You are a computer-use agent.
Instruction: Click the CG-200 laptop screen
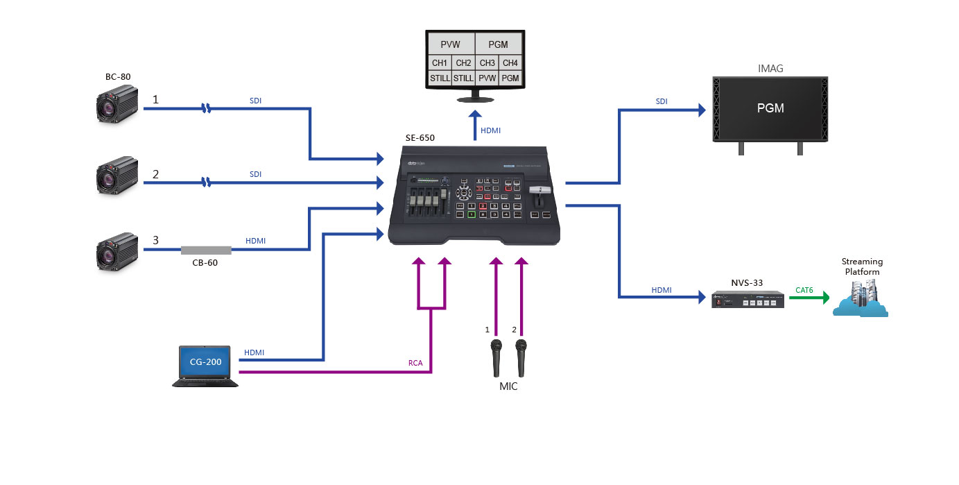point(205,361)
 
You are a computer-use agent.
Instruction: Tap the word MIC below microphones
point(508,386)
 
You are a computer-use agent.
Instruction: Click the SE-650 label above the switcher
point(420,137)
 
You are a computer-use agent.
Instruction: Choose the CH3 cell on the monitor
point(487,63)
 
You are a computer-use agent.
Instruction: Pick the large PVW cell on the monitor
point(451,44)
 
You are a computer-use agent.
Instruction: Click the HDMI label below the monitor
point(490,130)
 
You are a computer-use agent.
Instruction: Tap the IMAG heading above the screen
point(770,69)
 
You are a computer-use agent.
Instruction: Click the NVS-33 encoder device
point(748,301)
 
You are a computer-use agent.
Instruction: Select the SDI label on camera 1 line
point(256,101)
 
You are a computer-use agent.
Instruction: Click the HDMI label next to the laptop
point(254,352)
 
